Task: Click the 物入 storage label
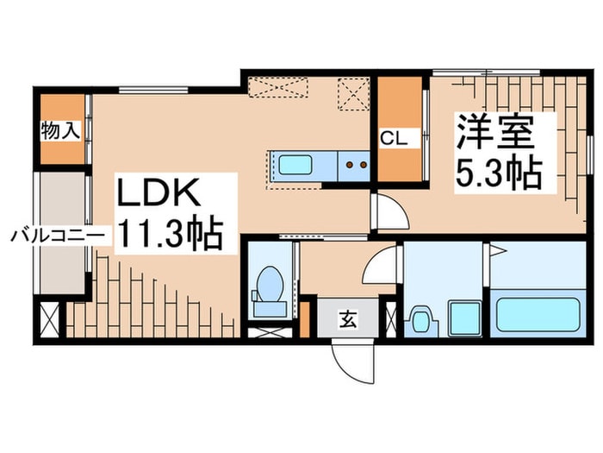(60, 131)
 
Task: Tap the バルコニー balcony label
(58, 234)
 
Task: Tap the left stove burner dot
(350, 163)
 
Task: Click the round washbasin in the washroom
(421, 319)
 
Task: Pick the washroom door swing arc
(378, 267)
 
